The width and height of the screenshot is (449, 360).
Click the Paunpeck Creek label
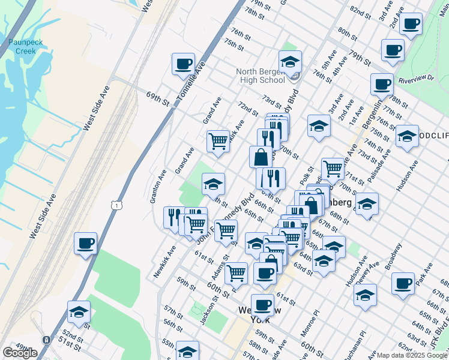(x=23, y=46)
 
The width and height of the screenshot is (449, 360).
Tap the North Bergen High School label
(x=261, y=76)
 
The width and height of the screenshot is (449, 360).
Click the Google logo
(x=20, y=353)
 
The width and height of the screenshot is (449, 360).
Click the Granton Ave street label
(x=158, y=185)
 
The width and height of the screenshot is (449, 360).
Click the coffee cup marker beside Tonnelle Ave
(x=183, y=64)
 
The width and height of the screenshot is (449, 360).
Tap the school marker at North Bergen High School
(x=290, y=62)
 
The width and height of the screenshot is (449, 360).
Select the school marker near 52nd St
(x=79, y=312)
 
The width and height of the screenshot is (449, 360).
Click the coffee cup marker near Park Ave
(x=403, y=283)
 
